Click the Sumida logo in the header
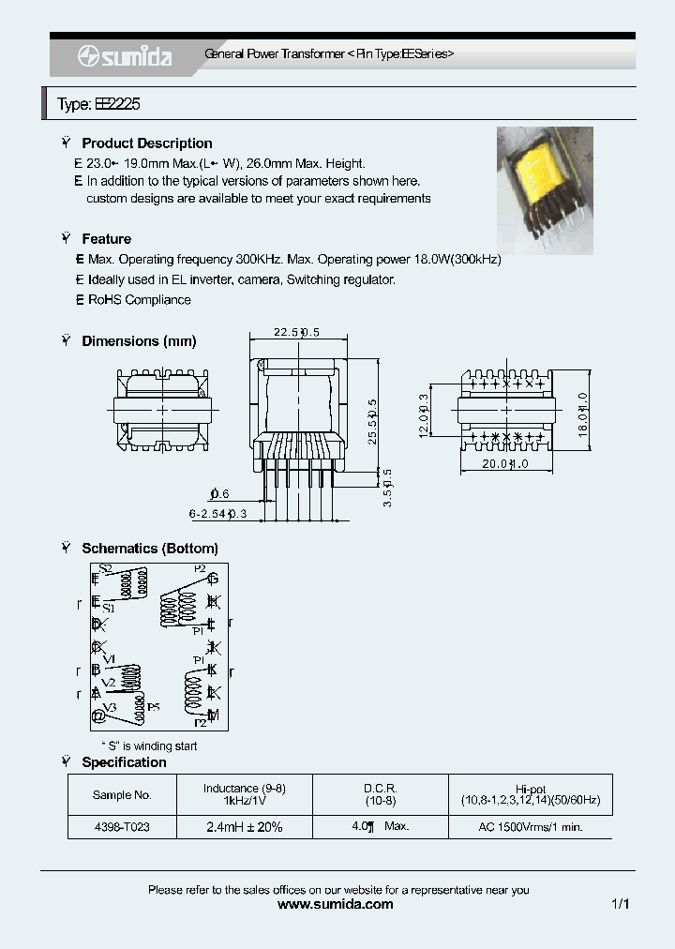pyautogui.click(x=126, y=56)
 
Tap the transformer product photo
pyautogui.click(x=544, y=191)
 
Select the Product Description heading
pyautogui.click(x=146, y=143)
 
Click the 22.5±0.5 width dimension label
pyautogui.click(x=296, y=332)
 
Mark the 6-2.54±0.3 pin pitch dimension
pyautogui.click(x=217, y=513)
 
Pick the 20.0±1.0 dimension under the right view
pyautogui.click(x=506, y=464)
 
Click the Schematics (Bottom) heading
pyautogui.click(x=149, y=549)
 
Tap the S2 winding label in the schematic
pyautogui.click(x=105, y=568)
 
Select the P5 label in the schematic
pyautogui.click(x=153, y=705)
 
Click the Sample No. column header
pyautogui.click(x=122, y=794)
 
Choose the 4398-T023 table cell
pyautogui.click(x=122, y=828)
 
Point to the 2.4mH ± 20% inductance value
pyautogui.click(x=245, y=828)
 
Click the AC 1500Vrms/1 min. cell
pyautogui.click(x=530, y=828)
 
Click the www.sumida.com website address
pyautogui.click(x=337, y=905)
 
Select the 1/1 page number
pyautogui.click(x=620, y=905)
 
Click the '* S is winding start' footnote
pyautogui.click(x=149, y=746)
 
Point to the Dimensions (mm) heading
pyautogui.click(x=139, y=341)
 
